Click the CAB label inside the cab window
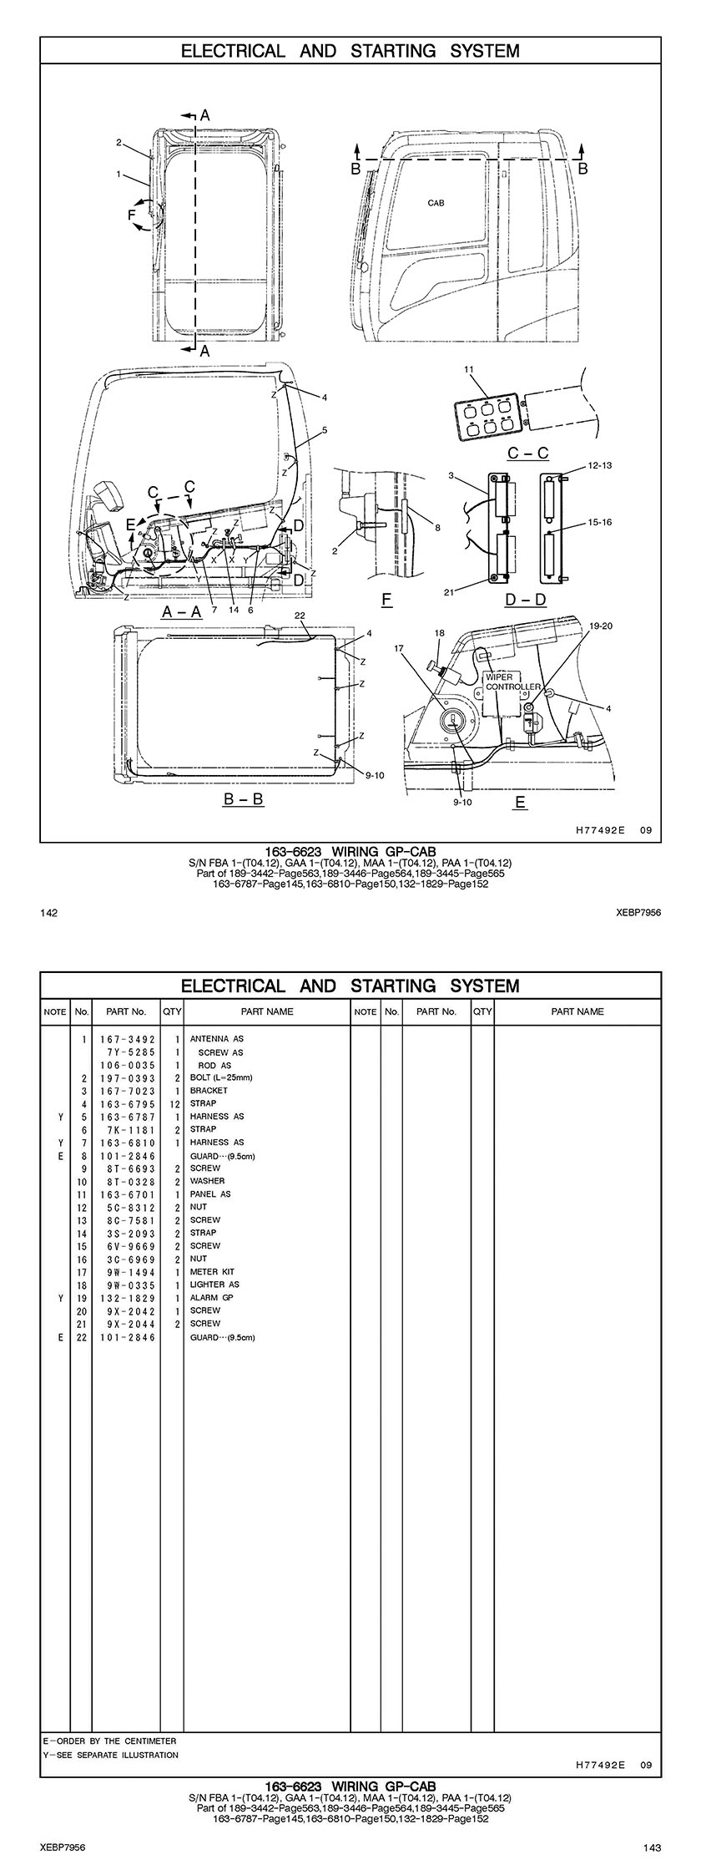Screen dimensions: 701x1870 [436, 203]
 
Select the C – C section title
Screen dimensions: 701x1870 [528, 454]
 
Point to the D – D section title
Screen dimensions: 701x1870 [526, 599]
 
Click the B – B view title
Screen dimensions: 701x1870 [243, 799]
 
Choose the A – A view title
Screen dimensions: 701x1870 [182, 611]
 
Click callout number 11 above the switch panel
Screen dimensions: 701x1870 [468, 369]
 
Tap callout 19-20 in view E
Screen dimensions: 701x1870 [601, 625]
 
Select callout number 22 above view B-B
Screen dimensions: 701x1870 [300, 615]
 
